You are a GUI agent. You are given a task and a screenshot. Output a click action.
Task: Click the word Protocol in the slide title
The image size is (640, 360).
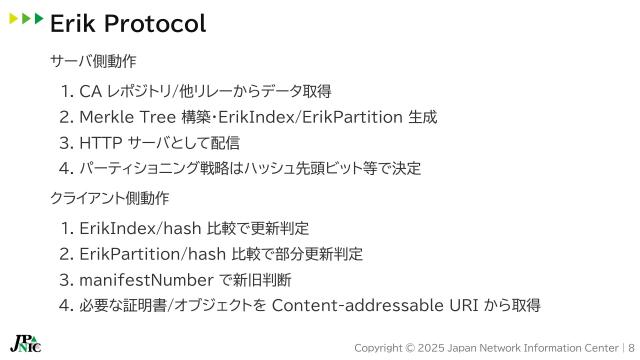(156, 23)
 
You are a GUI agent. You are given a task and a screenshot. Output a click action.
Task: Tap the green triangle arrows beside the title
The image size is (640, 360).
(26, 19)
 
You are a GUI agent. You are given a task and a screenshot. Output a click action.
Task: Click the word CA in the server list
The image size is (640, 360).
(91, 92)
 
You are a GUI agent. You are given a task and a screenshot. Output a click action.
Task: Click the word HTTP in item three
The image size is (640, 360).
(101, 143)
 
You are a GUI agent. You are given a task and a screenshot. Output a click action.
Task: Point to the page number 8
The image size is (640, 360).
(631, 347)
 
